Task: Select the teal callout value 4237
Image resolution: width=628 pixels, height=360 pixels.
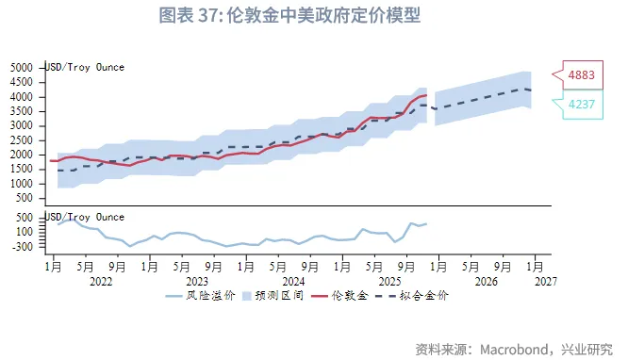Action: point(581,105)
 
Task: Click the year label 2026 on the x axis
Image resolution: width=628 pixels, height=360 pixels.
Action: point(486,281)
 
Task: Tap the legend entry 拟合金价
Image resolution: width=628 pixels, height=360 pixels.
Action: point(429,296)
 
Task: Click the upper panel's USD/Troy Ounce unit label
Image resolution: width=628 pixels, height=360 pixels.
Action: point(85,67)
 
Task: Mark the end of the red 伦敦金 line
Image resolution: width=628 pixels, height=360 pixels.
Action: point(426,95)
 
